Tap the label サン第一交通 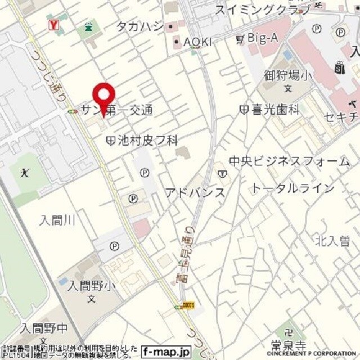pos(117,110)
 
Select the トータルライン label pos(292,188)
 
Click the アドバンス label pos(195,192)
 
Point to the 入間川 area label pos(57,220)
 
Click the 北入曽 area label pos(332,241)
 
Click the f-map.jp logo pos(166,352)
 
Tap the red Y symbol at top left pos(54,24)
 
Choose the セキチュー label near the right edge pos(340,117)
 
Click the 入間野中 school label pos(43,328)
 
